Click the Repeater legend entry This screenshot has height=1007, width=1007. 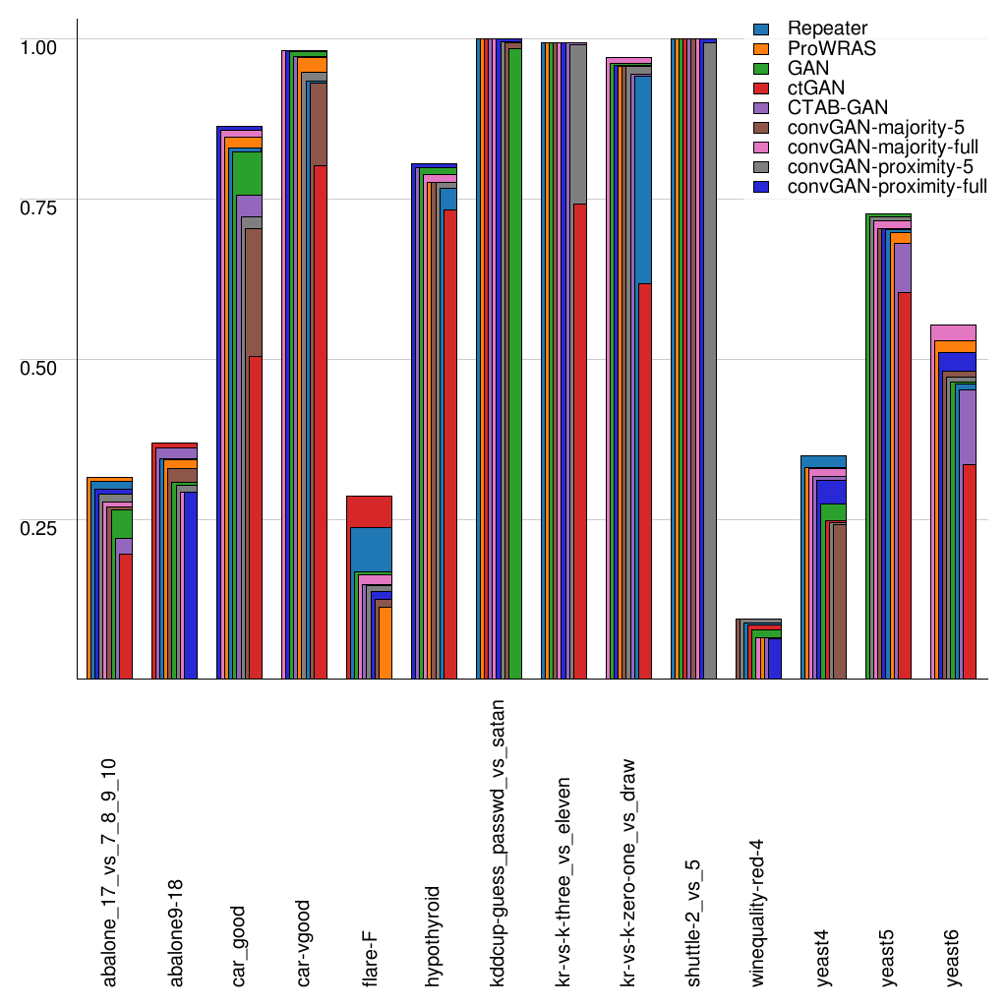tap(826, 30)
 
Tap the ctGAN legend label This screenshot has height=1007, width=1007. tap(816, 89)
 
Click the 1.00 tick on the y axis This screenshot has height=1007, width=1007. tap(40, 45)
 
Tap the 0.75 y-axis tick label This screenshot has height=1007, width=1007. tap(40, 206)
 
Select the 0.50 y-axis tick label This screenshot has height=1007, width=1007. tap(40, 366)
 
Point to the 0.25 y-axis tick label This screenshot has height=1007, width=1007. tap(40, 526)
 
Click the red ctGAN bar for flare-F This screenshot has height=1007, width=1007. tap(370, 511)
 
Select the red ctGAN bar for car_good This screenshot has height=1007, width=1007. tap(255, 516)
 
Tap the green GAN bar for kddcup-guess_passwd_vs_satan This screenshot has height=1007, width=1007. tap(514, 364)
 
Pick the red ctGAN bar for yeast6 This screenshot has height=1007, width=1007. tap(969, 570)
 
